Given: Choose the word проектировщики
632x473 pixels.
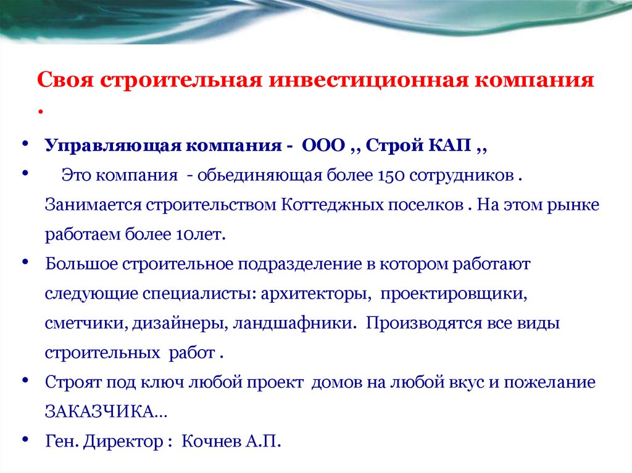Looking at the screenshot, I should (453, 294).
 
